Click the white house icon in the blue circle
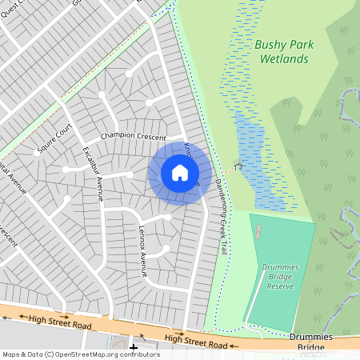pos(180,172)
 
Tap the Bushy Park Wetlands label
pos(281,53)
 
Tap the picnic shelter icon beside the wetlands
pos(236,167)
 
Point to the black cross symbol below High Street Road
pos(133,347)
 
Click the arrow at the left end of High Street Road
pos(7,316)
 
